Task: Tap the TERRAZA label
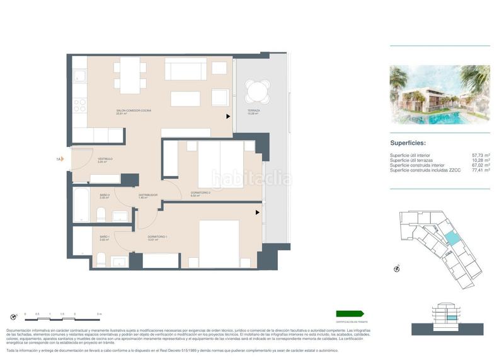(x=253, y=110)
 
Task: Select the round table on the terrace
(x=257, y=91)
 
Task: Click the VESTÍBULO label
(x=105, y=159)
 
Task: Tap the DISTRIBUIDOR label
(x=148, y=195)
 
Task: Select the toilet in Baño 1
(x=101, y=258)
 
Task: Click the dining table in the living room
(x=131, y=71)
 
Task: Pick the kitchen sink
(x=80, y=76)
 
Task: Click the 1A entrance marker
(x=59, y=160)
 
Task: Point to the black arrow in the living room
(x=228, y=116)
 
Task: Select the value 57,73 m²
(x=481, y=154)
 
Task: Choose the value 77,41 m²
(x=481, y=170)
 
